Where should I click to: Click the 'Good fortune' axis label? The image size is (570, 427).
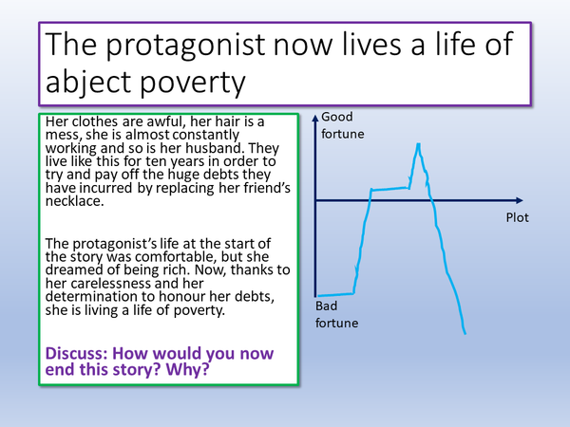point(342,125)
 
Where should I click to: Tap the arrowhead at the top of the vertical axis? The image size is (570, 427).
point(314,115)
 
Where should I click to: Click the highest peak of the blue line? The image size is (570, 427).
point(418,144)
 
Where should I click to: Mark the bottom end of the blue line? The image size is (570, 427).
point(464,333)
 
